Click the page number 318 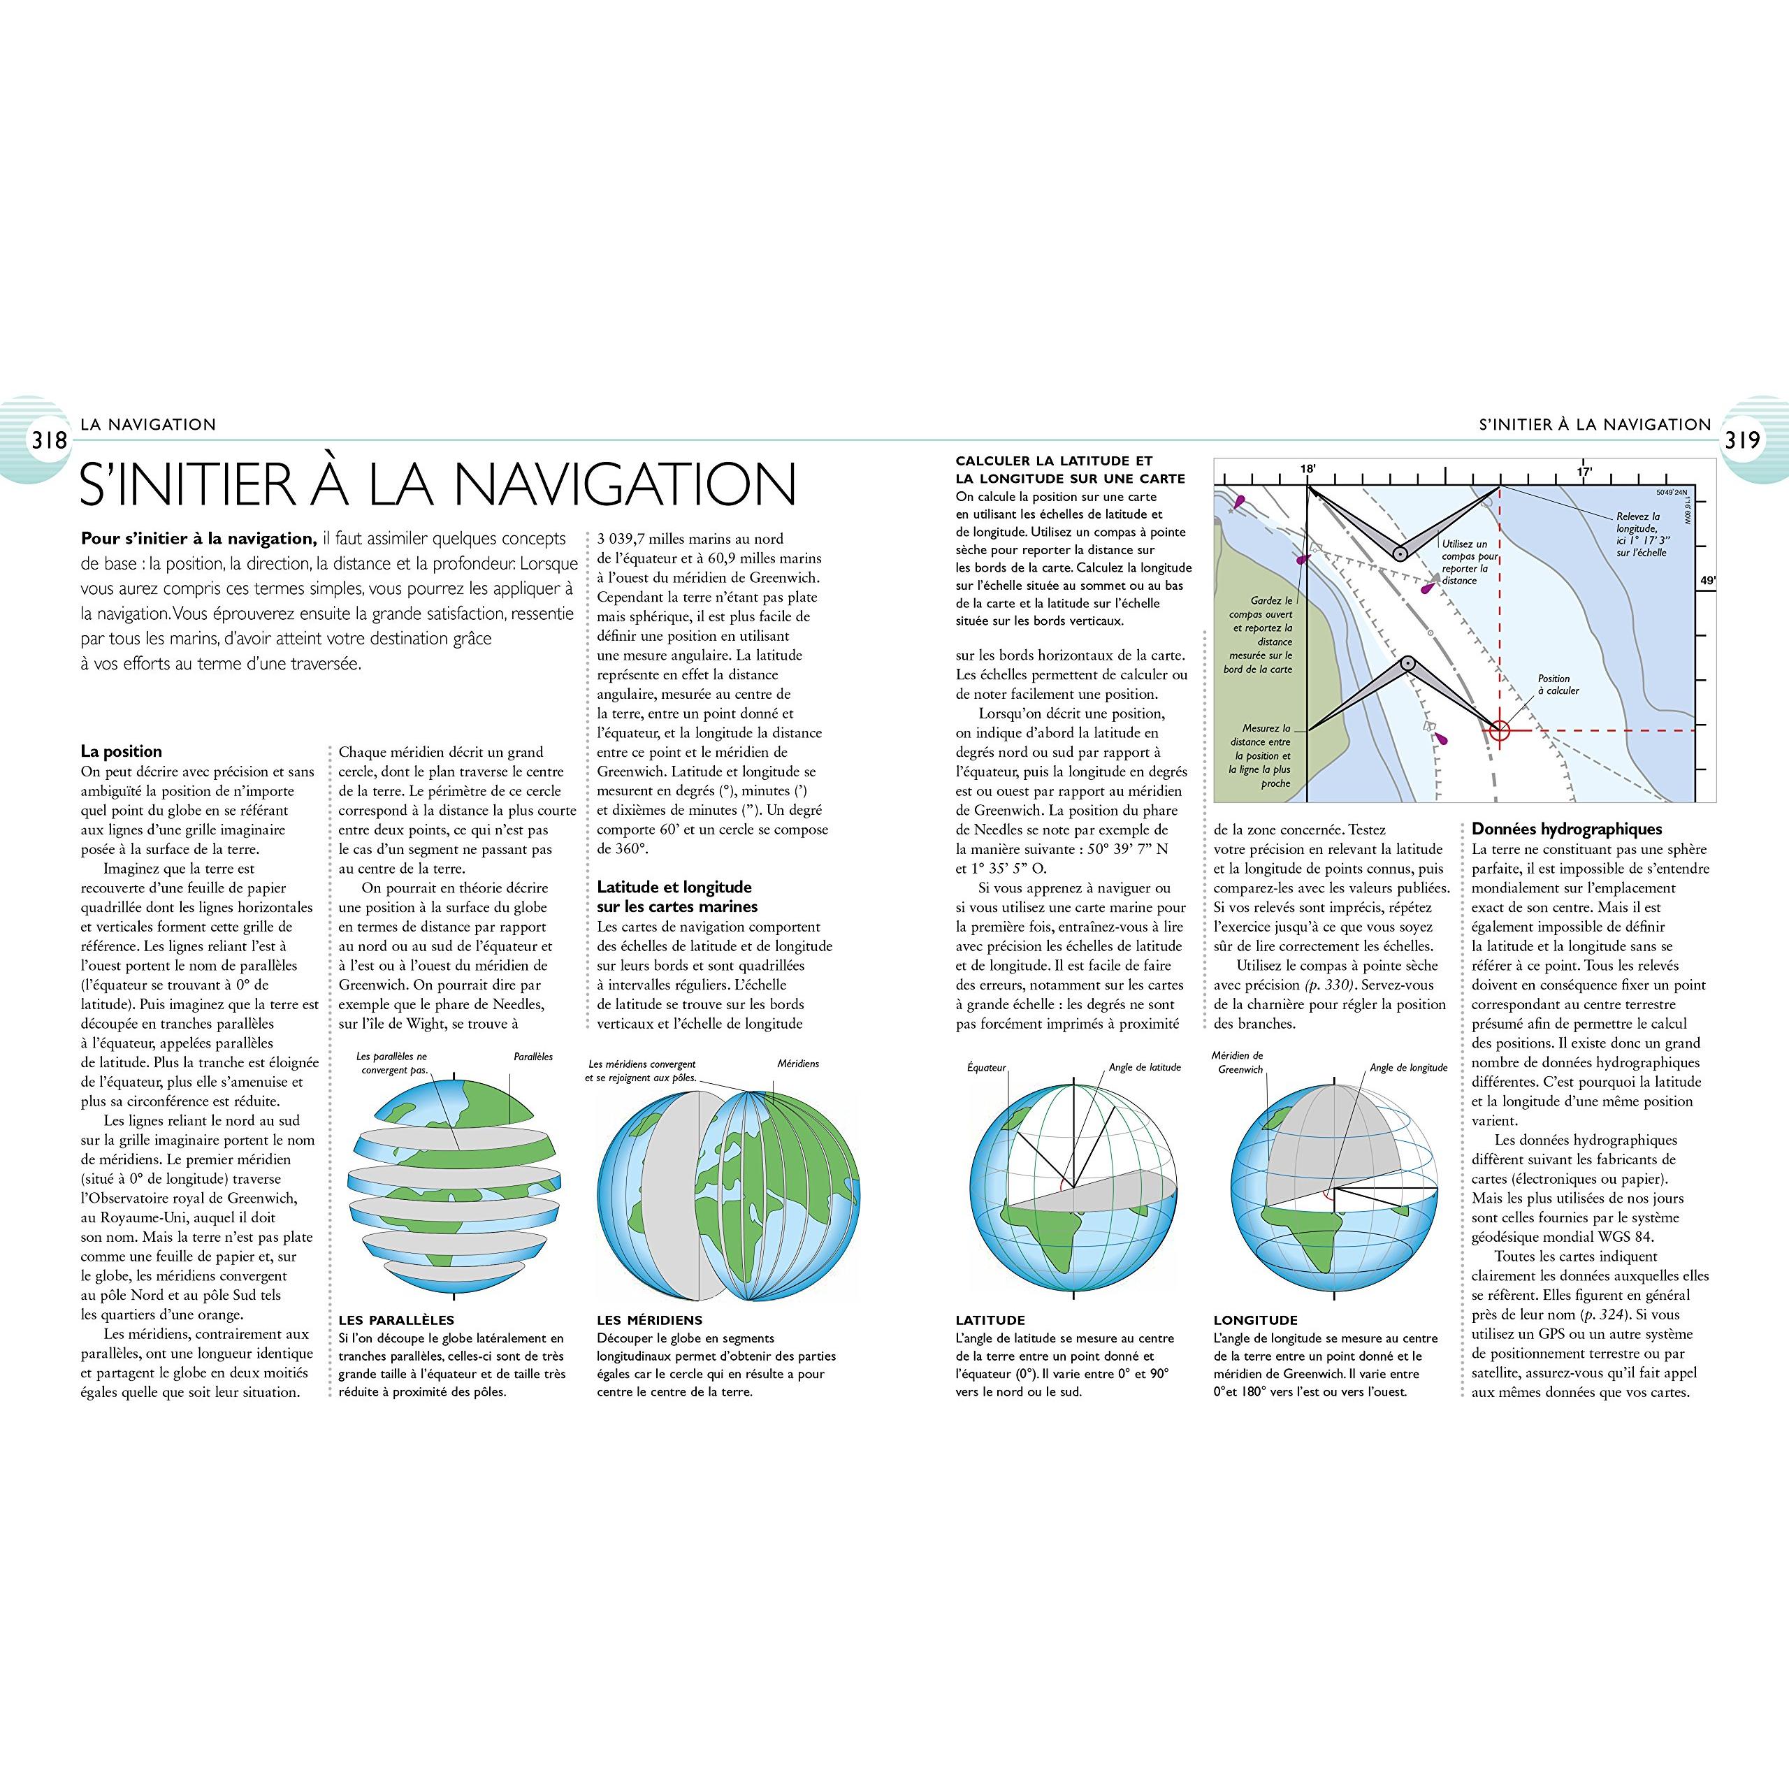pyautogui.click(x=49, y=440)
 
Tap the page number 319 pyautogui.click(x=1741, y=440)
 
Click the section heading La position pyautogui.click(x=122, y=751)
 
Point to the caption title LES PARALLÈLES pyautogui.click(x=396, y=1319)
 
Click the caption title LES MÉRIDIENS pyautogui.click(x=650, y=1319)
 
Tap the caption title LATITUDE pyautogui.click(x=990, y=1319)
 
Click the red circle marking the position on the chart pyautogui.click(x=1499, y=730)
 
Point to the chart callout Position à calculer pyautogui.click(x=1558, y=684)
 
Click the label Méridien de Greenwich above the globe pyautogui.click(x=1238, y=1062)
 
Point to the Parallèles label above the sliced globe pyautogui.click(x=533, y=1057)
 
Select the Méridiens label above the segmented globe pyautogui.click(x=798, y=1063)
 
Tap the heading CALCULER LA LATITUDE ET pyautogui.click(x=1054, y=461)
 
